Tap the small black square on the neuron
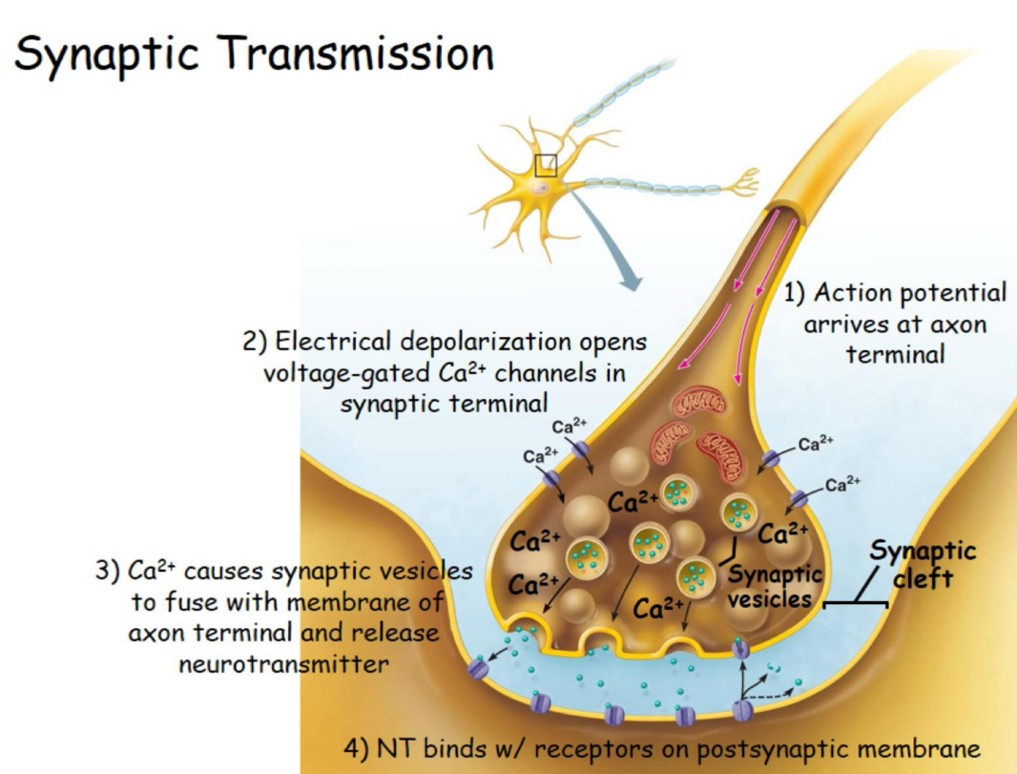[x=546, y=165]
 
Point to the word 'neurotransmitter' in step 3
[x=283, y=663]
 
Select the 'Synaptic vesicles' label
[x=775, y=587]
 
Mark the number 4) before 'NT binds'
[x=356, y=747]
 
